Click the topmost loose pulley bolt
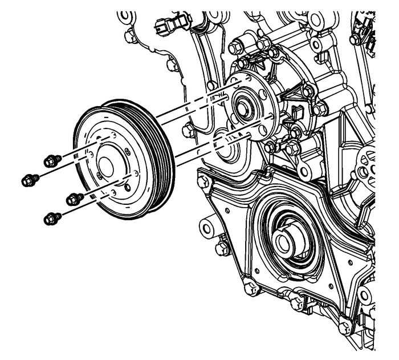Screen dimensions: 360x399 pyautogui.click(x=52, y=161)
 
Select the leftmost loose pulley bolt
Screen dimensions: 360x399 pyautogui.click(x=29, y=180)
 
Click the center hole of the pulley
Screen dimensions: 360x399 pyautogui.click(x=106, y=166)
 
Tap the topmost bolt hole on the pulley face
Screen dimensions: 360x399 pyautogui.click(x=113, y=135)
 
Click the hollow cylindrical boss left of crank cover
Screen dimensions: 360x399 pyautogui.click(x=209, y=228)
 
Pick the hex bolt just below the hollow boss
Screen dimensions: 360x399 pyautogui.click(x=222, y=249)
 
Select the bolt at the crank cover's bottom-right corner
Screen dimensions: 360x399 pyautogui.click(x=344, y=327)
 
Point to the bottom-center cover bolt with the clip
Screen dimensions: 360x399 pyautogui.click(x=297, y=303)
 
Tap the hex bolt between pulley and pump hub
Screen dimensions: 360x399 pyautogui.click(x=188, y=131)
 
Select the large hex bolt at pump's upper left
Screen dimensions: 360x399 pyautogui.click(x=236, y=46)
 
